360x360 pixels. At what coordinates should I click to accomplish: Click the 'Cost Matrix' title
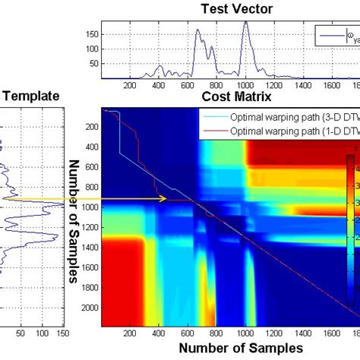coord(235,97)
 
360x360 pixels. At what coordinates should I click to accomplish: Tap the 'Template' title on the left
coord(31,97)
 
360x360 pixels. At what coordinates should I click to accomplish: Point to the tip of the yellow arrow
coord(166,200)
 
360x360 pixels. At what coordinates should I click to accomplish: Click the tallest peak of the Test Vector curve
coord(246,22)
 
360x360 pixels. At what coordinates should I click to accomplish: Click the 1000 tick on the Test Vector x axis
coord(246,86)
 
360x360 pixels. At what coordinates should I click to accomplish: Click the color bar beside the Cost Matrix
coord(350,228)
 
